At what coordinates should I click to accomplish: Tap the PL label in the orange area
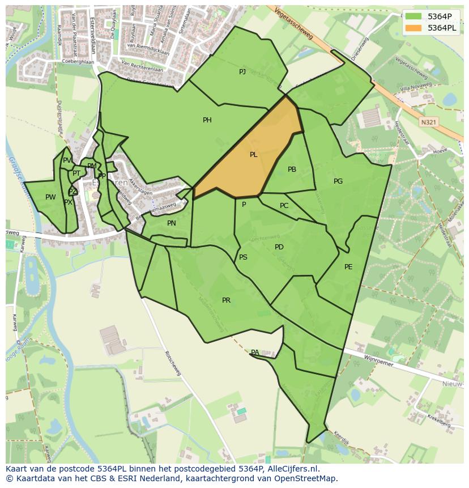click(254, 155)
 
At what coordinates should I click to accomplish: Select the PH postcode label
click(207, 120)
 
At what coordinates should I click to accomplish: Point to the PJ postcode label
click(242, 71)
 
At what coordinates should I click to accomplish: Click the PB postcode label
click(292, 169)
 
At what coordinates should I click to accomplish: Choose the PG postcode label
click(338, 181)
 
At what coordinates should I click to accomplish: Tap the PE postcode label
click(348, 267)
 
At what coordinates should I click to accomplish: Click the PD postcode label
click(279, 247)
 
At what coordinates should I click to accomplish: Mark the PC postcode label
click(284, 206)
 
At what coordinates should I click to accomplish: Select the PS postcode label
click(243, 257)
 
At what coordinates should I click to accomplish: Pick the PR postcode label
click(226, 300)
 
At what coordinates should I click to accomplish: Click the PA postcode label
click(255, 353)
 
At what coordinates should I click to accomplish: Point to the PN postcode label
click(172, 223)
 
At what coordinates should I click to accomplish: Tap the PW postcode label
click(50, 197)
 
